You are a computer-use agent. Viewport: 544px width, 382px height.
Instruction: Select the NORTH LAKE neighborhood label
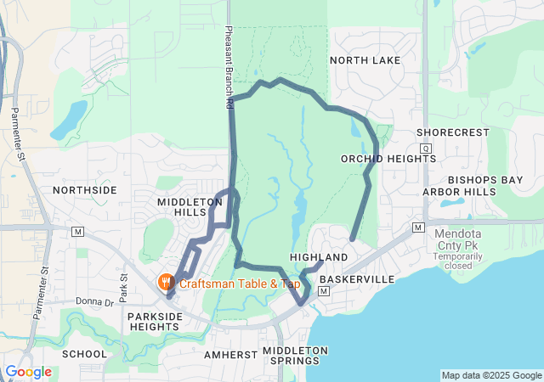coord(365,60)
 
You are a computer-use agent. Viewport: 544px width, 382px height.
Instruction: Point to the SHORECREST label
coord(453,132)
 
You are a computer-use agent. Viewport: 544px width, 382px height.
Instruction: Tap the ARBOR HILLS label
coord(459,192)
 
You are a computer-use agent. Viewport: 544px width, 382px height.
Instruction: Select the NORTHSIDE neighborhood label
coord(84,190)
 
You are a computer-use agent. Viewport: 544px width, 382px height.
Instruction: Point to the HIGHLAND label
coord(319,257)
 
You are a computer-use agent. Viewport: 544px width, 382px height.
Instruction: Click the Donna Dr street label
coord(94,301)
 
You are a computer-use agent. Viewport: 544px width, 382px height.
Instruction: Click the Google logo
coord(28,371)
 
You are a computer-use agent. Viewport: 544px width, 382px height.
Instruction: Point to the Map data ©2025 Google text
coord(491,375)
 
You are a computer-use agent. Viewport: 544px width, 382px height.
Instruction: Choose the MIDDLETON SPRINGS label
coord(294,356)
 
